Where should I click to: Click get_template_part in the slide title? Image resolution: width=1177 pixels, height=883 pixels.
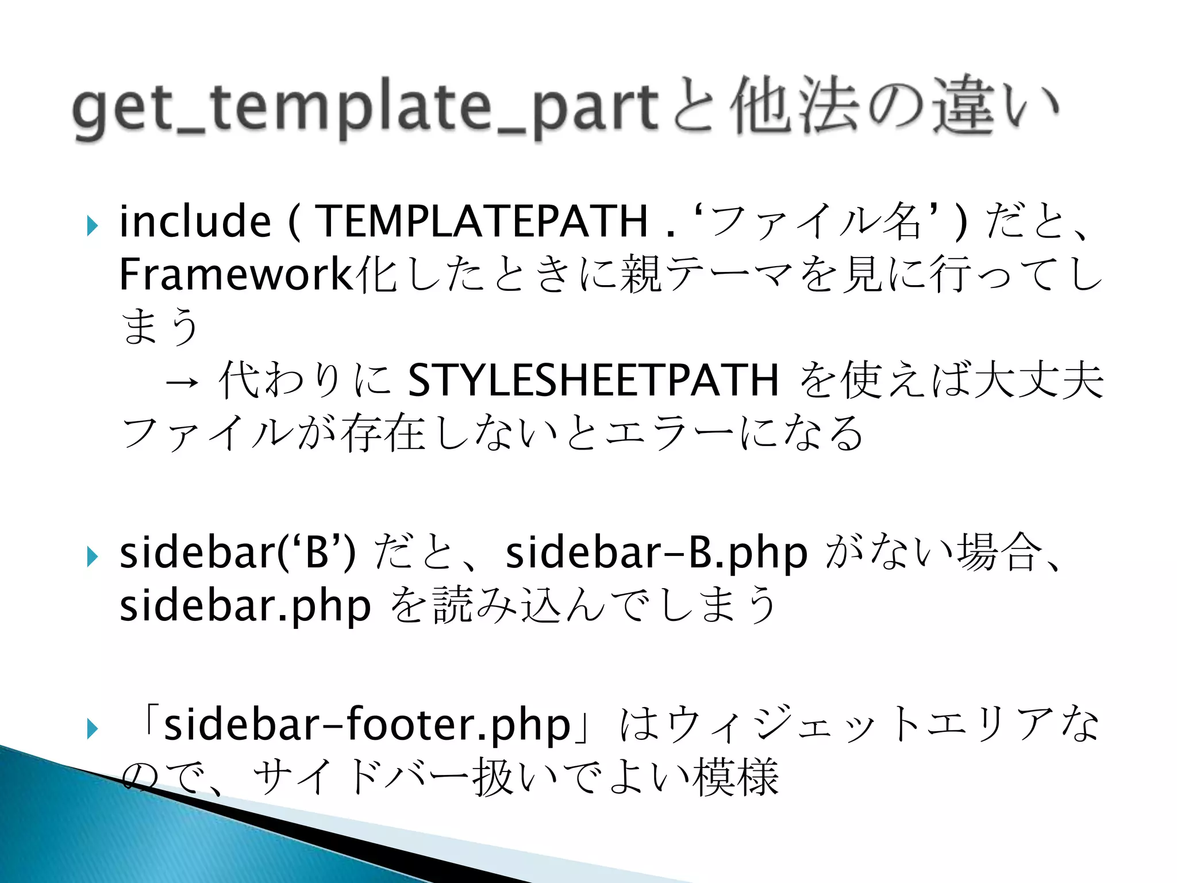click(365, 108)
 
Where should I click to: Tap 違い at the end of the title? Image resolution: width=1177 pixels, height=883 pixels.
click(994, 106)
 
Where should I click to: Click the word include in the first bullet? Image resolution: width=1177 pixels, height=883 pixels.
click(195, 221)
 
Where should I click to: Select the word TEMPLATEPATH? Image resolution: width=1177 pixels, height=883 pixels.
click(483, 221)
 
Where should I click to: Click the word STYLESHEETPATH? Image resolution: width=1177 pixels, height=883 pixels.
click(593, 380)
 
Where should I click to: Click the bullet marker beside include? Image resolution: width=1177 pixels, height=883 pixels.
click(92, 226)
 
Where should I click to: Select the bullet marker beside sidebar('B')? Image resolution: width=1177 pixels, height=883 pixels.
click(92, 556)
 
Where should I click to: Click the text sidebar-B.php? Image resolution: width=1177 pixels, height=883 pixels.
click(656, 553)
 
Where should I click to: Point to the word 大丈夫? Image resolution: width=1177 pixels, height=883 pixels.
click(1038, 380)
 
